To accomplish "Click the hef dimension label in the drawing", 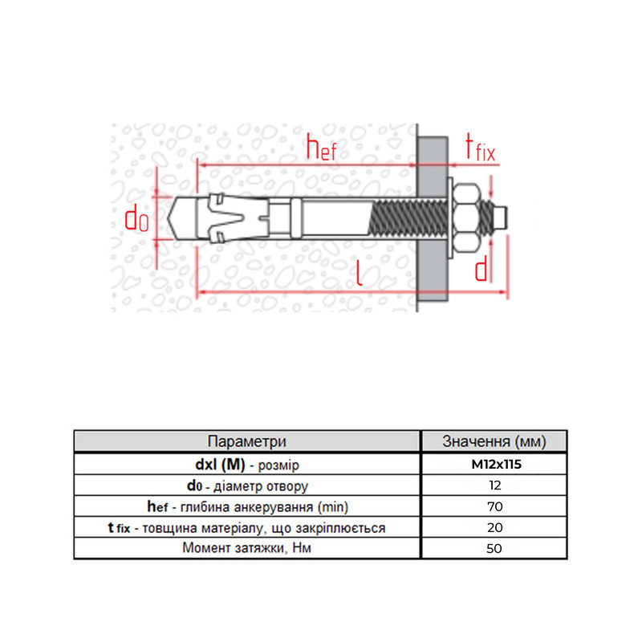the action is click(322, 148).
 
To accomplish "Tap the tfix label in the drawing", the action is click(480, 148).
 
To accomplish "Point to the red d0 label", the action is click(136, 218).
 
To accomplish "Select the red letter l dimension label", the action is click(359, 272).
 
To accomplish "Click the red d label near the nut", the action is click(481, 268).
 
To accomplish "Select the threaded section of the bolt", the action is click(409, 217).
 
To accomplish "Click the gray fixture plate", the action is click(433, 219).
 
